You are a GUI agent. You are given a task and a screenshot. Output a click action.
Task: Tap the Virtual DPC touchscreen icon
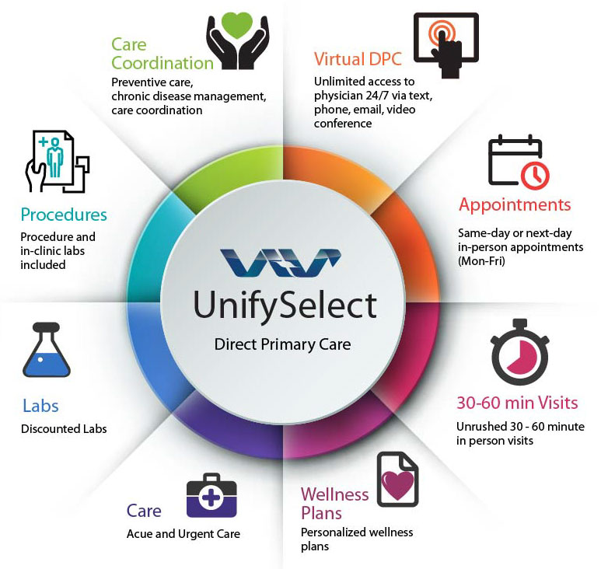(x=446, y=45)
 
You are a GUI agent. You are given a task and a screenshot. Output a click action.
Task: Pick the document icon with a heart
(x=397, y=480)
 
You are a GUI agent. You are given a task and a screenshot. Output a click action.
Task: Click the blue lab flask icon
(x=47, y=351)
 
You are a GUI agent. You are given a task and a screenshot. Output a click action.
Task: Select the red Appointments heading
(x=515, y=205)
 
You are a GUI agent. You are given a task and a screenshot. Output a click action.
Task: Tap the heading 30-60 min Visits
(x=517, y=403)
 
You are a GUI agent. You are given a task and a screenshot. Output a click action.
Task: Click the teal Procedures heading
(x=64, y=215)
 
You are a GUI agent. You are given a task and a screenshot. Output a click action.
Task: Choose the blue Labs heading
(x=40, y=406)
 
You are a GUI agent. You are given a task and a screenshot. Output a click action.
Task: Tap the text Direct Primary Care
(x=282, y=344)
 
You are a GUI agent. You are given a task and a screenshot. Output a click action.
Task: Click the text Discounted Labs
(x=64, y=429)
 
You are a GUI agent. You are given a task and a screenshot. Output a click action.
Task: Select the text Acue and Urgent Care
(x=183, y=534)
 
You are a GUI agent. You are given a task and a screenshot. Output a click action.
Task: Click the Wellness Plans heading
(x=334, y=503)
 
